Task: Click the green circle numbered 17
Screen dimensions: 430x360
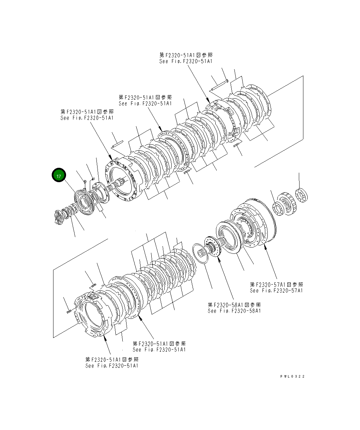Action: click(x=59, y=176)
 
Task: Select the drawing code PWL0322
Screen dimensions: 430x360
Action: click(x=292, y=376)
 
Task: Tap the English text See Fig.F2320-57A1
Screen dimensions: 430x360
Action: click(x=276, y=291)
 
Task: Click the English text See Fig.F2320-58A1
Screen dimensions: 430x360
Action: click(x=234, y=311)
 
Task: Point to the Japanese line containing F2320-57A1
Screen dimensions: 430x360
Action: click(x=276, y=285)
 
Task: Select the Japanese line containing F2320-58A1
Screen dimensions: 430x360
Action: click(x=234, y=305)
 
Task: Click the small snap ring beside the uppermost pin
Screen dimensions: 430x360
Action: click(x=227, y=81)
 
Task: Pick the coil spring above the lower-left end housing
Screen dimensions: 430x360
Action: click(x=93, y=286)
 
